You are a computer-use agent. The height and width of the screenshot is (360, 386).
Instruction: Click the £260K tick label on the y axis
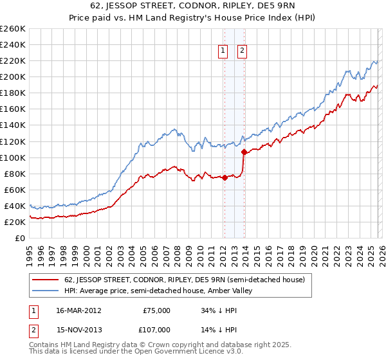point(12,29)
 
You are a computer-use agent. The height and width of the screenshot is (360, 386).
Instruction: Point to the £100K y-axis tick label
point(12,157)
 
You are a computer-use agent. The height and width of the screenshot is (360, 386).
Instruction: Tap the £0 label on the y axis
point(20,238)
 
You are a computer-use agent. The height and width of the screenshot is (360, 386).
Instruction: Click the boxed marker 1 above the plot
point(223,51)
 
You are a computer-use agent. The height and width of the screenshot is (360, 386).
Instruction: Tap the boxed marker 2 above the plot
point(242,51)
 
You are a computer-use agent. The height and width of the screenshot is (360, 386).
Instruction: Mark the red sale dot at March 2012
point(225,178)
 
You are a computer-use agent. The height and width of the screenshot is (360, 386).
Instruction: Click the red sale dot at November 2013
point(244,152)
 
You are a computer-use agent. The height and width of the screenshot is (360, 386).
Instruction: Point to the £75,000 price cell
point(157,310)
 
